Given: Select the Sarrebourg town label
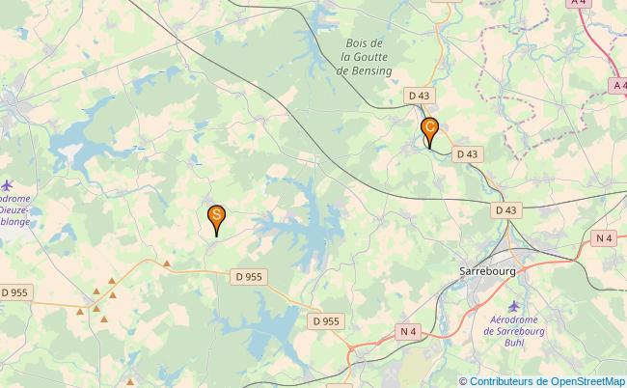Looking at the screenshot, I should click(487, 272).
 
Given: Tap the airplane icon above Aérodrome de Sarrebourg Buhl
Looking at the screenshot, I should click(512, 306).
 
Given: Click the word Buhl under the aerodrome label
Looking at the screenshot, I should click(512, 342).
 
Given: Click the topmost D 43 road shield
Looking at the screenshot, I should click(419, 95).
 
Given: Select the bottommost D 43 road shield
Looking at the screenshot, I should click(506, 209).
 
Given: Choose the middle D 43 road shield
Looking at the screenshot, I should click(467, 153).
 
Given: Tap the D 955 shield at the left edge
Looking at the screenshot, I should click(14, 291).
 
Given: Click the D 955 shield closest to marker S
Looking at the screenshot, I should click(248, 277).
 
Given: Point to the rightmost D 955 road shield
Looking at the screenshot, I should click(326, 321).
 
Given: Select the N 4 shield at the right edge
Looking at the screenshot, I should click(604, 238).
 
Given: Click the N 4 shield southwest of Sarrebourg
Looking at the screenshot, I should click(408, 332).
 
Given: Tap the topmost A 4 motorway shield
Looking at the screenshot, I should click(579, 3).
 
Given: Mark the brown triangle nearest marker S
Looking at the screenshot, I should click(167, 263).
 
